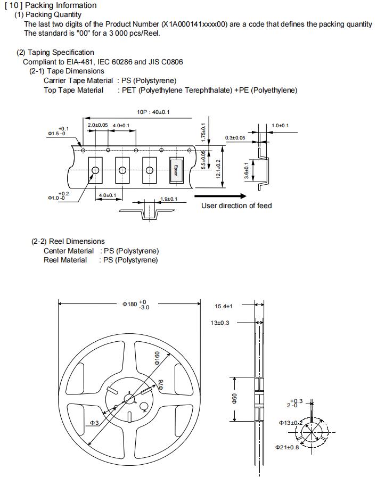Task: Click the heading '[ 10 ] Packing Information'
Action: point(51,5)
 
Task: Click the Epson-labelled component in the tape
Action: point(176,170)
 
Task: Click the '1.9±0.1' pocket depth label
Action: point(169,199)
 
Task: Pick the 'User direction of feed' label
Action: point(236,206)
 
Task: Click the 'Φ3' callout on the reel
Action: point(94,423)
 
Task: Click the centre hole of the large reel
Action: point(130,399)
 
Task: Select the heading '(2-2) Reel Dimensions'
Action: point(68,241)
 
